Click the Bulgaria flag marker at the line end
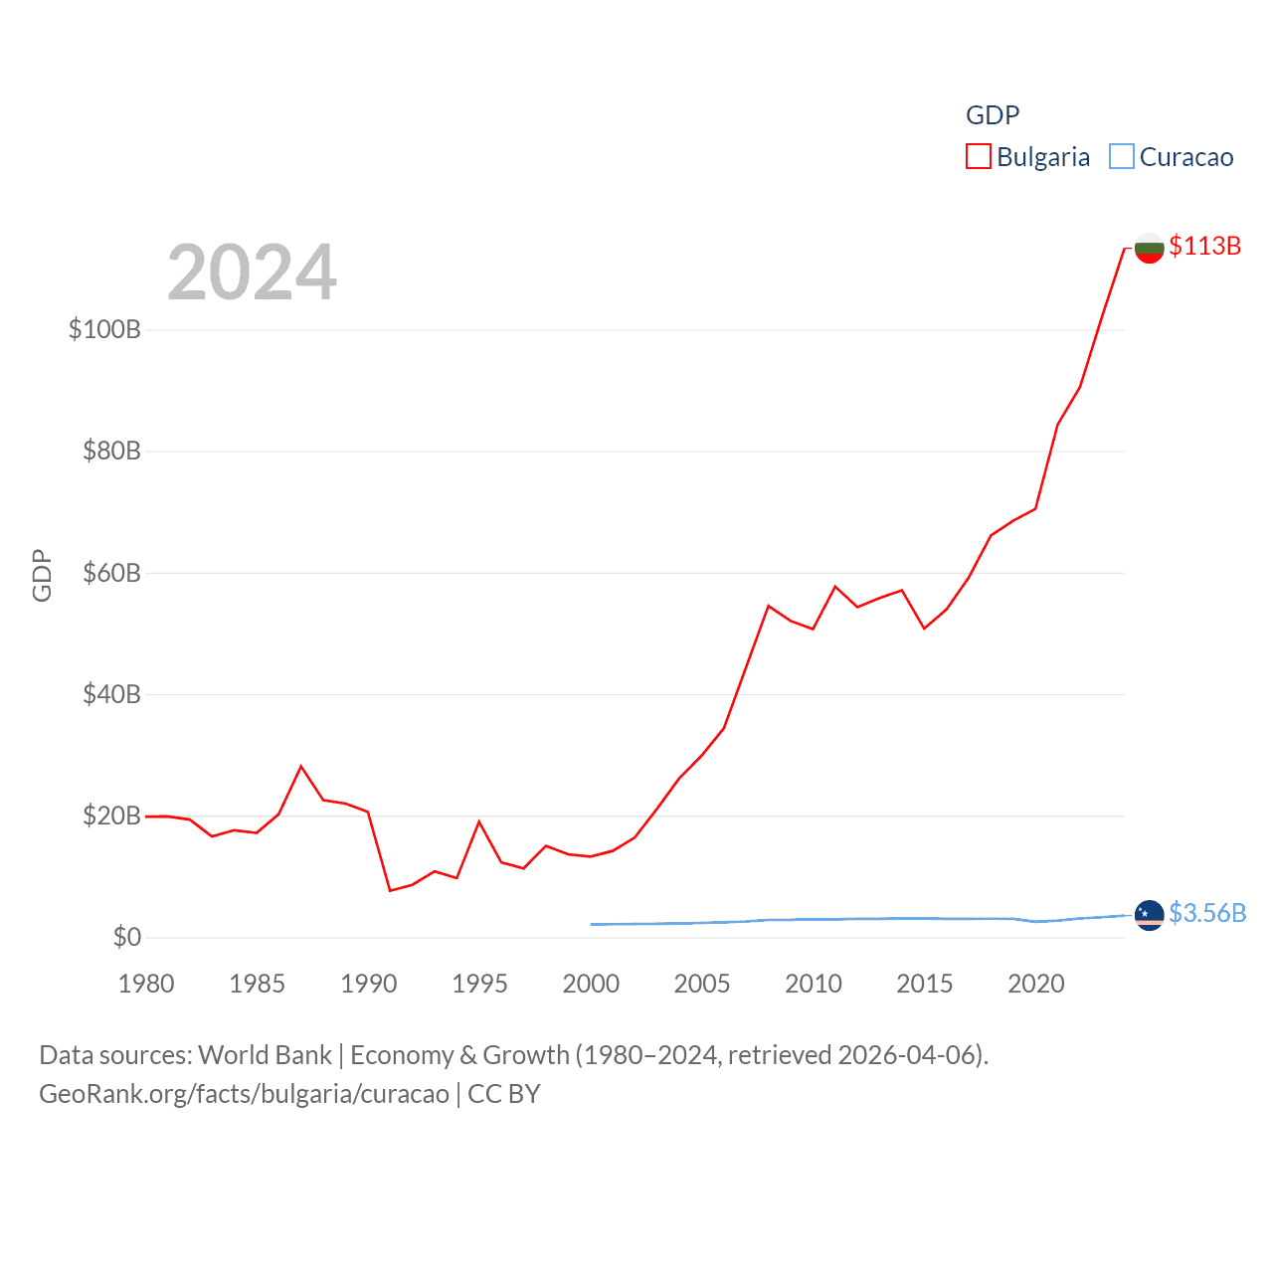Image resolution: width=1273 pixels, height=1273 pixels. pos(1149,248)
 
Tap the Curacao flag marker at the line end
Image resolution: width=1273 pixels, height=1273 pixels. pos(1149,914)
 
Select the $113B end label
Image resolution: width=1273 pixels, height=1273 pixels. pos(1204,246)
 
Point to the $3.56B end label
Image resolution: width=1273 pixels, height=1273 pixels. pos(1206,913)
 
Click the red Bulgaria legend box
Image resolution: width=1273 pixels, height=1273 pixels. pos(979,156)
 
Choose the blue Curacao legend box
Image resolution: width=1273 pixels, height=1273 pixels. pos(1121,156)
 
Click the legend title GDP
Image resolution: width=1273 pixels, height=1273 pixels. pos(993,115)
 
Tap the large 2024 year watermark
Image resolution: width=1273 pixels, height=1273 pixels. pos(252,272)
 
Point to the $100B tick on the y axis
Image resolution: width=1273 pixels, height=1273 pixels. pos(104,329)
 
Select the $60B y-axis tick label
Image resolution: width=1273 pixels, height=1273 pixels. pos(111,573)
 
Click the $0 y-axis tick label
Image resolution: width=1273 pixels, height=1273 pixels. pos(126,937)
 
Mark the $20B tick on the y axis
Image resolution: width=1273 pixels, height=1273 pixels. pos(111,816)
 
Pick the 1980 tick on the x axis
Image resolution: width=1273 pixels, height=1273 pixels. pos(146,984)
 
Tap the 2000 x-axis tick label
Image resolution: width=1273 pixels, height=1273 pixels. pos(591,984)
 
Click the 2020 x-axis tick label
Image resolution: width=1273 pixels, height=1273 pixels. pos(1035,984)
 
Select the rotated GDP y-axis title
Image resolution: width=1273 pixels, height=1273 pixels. pos(42,575)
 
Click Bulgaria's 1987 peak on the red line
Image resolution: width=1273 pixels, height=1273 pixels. pos(301,766)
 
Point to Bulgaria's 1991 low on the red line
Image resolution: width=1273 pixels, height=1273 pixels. pos(390,890)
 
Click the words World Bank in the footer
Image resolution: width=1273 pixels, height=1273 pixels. pos(265,1054)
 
